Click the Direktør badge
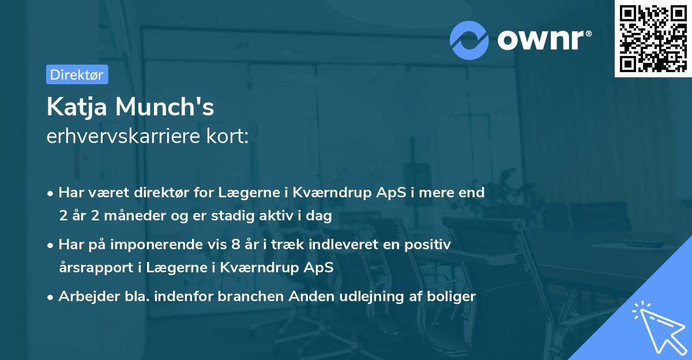click(77, 74)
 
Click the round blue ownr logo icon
click(469, 40)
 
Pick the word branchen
click(244, 297)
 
